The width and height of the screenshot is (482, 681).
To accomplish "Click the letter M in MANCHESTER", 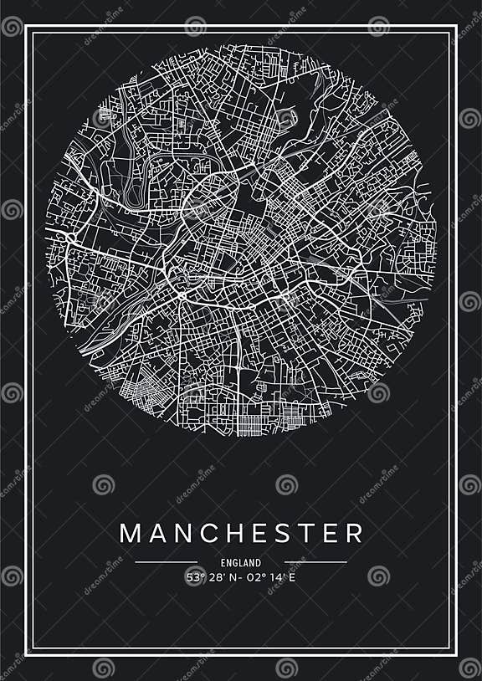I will coord(131,533).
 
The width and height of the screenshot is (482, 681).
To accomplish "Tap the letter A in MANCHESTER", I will coord(159,533).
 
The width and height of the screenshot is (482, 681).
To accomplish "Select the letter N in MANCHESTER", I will coord(185,533).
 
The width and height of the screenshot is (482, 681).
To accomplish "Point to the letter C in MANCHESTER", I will coord(212,533).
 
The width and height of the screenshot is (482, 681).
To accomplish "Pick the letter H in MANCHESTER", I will coord(238,533).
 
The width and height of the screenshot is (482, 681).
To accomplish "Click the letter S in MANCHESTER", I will coord(287,533).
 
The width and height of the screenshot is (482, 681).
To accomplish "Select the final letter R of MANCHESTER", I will coord(355,533).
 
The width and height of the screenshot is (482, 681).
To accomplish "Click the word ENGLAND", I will coord(241,563).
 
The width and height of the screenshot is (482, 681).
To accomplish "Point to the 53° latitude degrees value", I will coord(194,576).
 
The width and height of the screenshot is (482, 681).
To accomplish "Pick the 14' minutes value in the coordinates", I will coord(278,576).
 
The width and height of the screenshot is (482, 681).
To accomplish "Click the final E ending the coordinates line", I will coord(293,576).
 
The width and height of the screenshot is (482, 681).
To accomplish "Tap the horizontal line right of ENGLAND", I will coord(315,562).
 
